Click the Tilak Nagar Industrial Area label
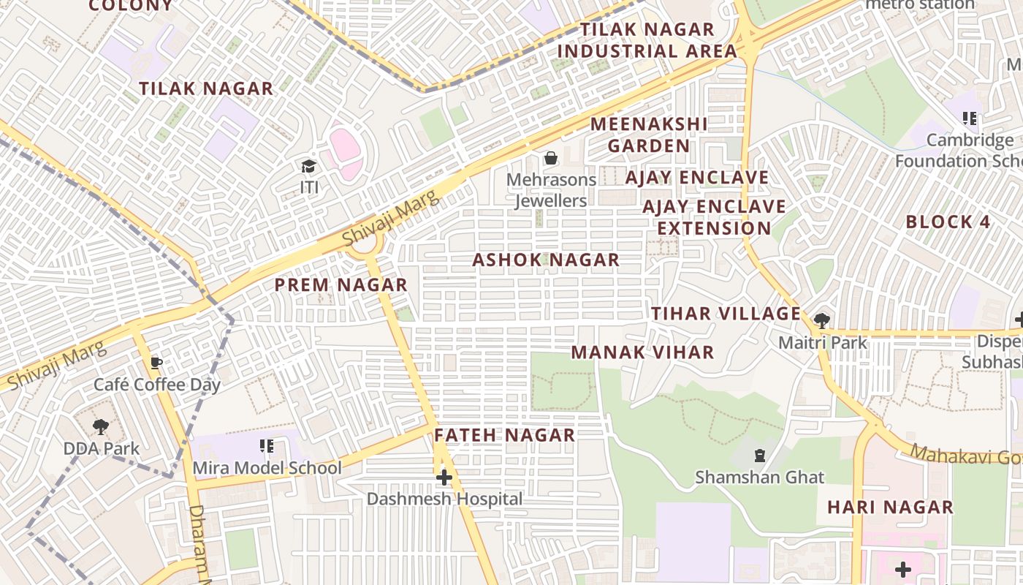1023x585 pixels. tap(647, 40)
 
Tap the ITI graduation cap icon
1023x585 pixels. tap(308, 167)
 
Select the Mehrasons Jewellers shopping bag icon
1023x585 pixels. tap(551, 158)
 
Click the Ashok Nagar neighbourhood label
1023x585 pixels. tap(546, 260)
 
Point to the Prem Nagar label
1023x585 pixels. tap(341, 285)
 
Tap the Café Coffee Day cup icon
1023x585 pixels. tap(156, 363)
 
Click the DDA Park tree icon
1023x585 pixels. tap(101, 427)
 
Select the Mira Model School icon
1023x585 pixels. tap(267, 445)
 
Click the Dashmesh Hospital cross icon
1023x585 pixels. tap(444, 478)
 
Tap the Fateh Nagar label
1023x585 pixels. tap(505, 435)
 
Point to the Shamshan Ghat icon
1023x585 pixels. tap(760, 456)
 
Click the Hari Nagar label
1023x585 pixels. tap(890, 507)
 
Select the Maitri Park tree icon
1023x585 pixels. tap(822, 320)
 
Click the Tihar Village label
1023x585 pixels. tap(726, 314)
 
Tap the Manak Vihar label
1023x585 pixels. tap(642, 352)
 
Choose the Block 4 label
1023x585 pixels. tap(949, 222)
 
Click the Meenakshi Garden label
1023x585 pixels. tap(649, 135)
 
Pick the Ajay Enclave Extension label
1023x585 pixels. tap(714, 217)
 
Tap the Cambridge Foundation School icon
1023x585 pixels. tap(970, 118)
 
